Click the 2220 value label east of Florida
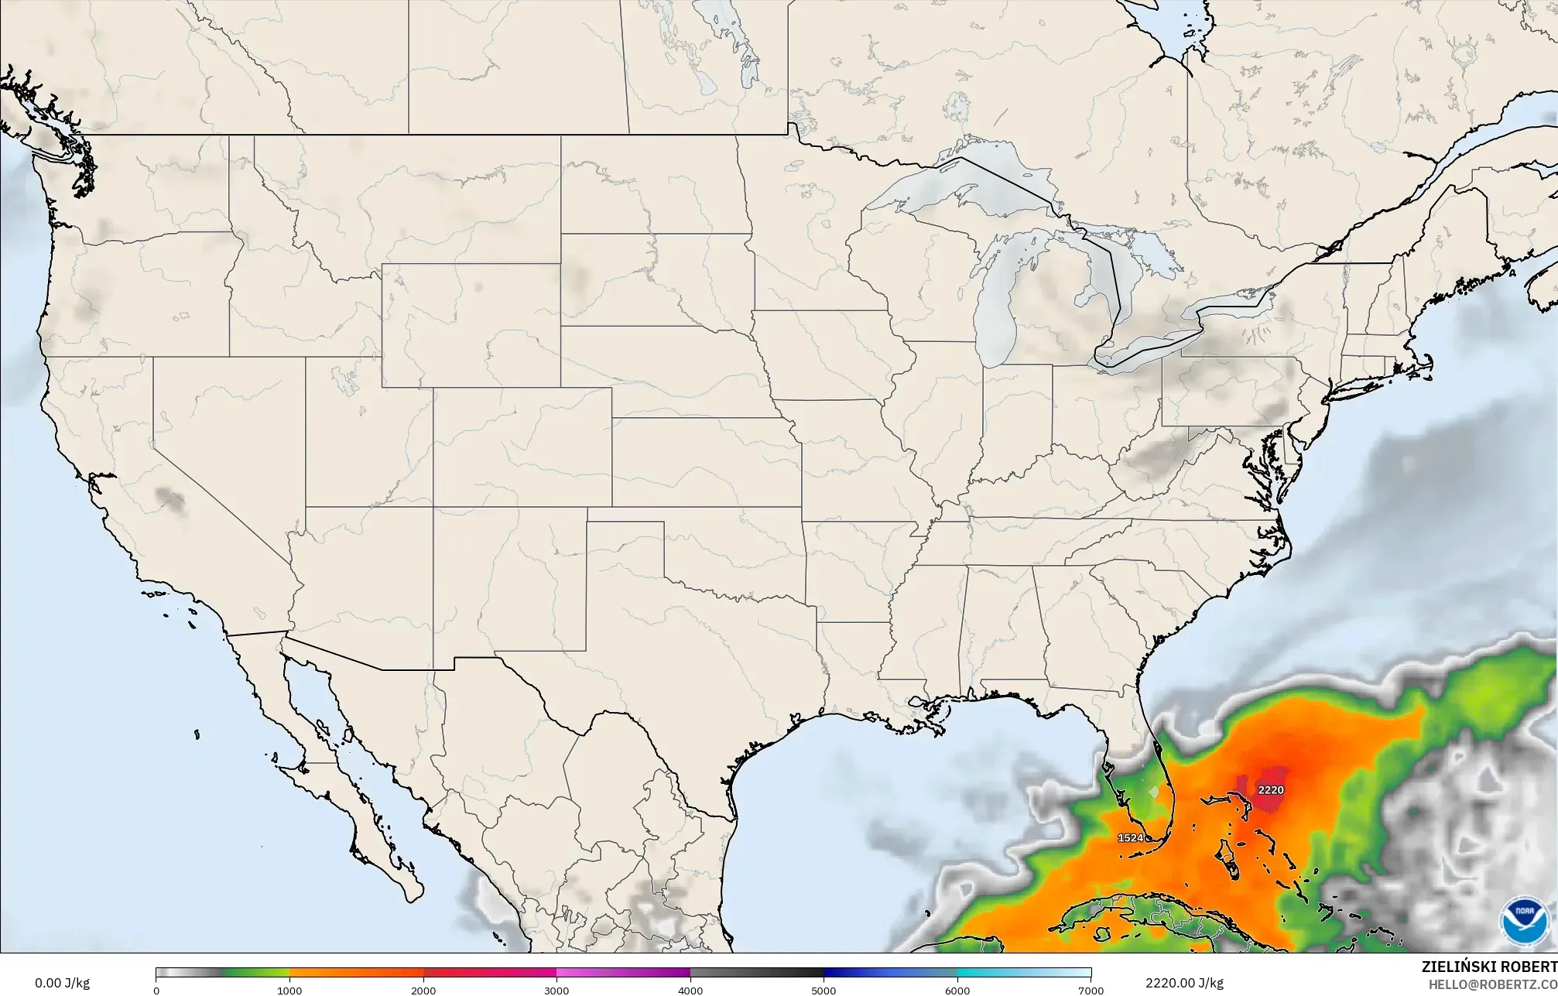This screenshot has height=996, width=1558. pos(1271,790)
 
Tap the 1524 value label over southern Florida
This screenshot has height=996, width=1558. pos(1131,837)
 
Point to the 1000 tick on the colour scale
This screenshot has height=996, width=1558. pos(289,990)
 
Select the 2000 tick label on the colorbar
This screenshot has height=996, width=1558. pos(423,990)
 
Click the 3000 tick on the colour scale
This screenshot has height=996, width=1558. pos(556,990)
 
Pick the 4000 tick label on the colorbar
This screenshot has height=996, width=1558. pos(690,990)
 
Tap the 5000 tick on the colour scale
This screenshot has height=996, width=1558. pos(824,990)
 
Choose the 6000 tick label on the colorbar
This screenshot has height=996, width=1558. pos(957,990)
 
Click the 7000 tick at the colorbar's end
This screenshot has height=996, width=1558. pos(1091,990)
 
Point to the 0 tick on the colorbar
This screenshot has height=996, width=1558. pos(156,990)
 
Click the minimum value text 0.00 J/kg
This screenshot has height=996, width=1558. pos(62,984)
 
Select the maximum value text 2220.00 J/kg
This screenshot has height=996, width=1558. pos(1184,984)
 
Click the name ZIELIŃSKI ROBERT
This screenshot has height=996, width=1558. pos(1489,966)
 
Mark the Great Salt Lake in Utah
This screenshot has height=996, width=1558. pos(340,379)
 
